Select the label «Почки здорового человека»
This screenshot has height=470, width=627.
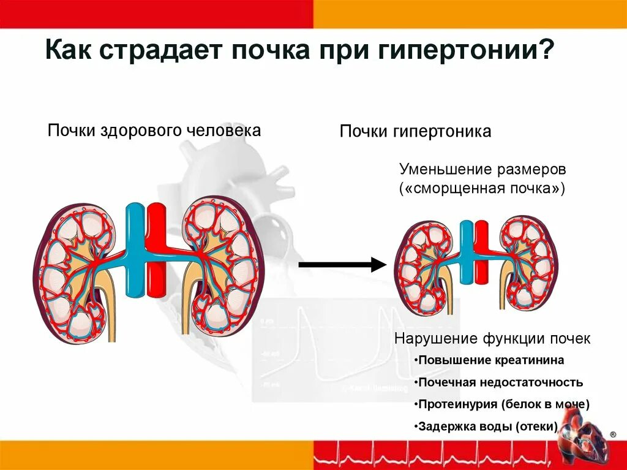[154, 130]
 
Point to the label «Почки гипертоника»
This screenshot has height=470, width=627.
[416, 132]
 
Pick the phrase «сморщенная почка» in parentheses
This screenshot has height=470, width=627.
[482, 188]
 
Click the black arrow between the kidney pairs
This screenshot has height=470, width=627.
[342, 265]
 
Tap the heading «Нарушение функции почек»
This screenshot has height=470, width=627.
[492, 338]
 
